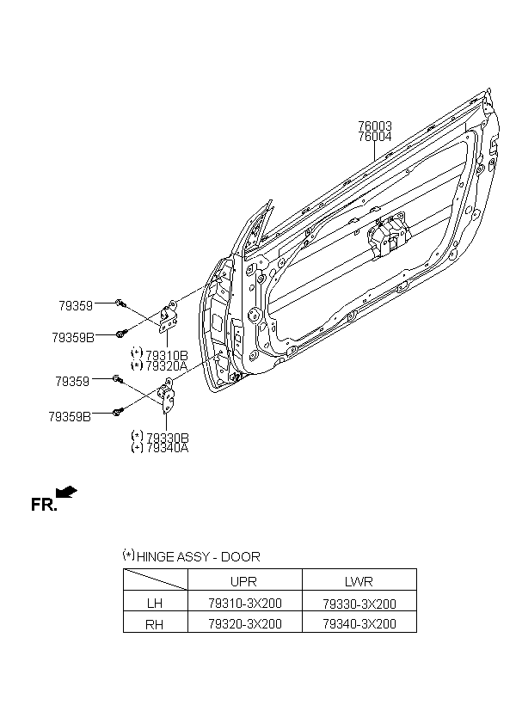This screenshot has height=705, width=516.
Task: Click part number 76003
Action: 375,126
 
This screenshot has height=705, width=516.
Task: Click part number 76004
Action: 375,137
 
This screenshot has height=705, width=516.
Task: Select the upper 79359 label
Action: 76,306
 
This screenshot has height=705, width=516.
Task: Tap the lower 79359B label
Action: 70,417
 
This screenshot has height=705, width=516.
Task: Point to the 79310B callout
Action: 167,355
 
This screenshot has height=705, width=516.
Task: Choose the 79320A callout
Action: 167,366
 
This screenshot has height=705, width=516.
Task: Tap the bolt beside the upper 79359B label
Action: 120,334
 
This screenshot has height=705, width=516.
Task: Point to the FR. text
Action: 44,505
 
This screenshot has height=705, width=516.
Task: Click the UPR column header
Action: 243,581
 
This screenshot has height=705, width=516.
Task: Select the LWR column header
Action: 359,581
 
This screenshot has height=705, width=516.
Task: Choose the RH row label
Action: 154,624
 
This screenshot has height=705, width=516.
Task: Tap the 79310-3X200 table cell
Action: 245,603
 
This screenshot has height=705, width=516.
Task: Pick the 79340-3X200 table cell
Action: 359,623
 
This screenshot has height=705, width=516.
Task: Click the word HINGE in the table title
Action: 155,556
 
